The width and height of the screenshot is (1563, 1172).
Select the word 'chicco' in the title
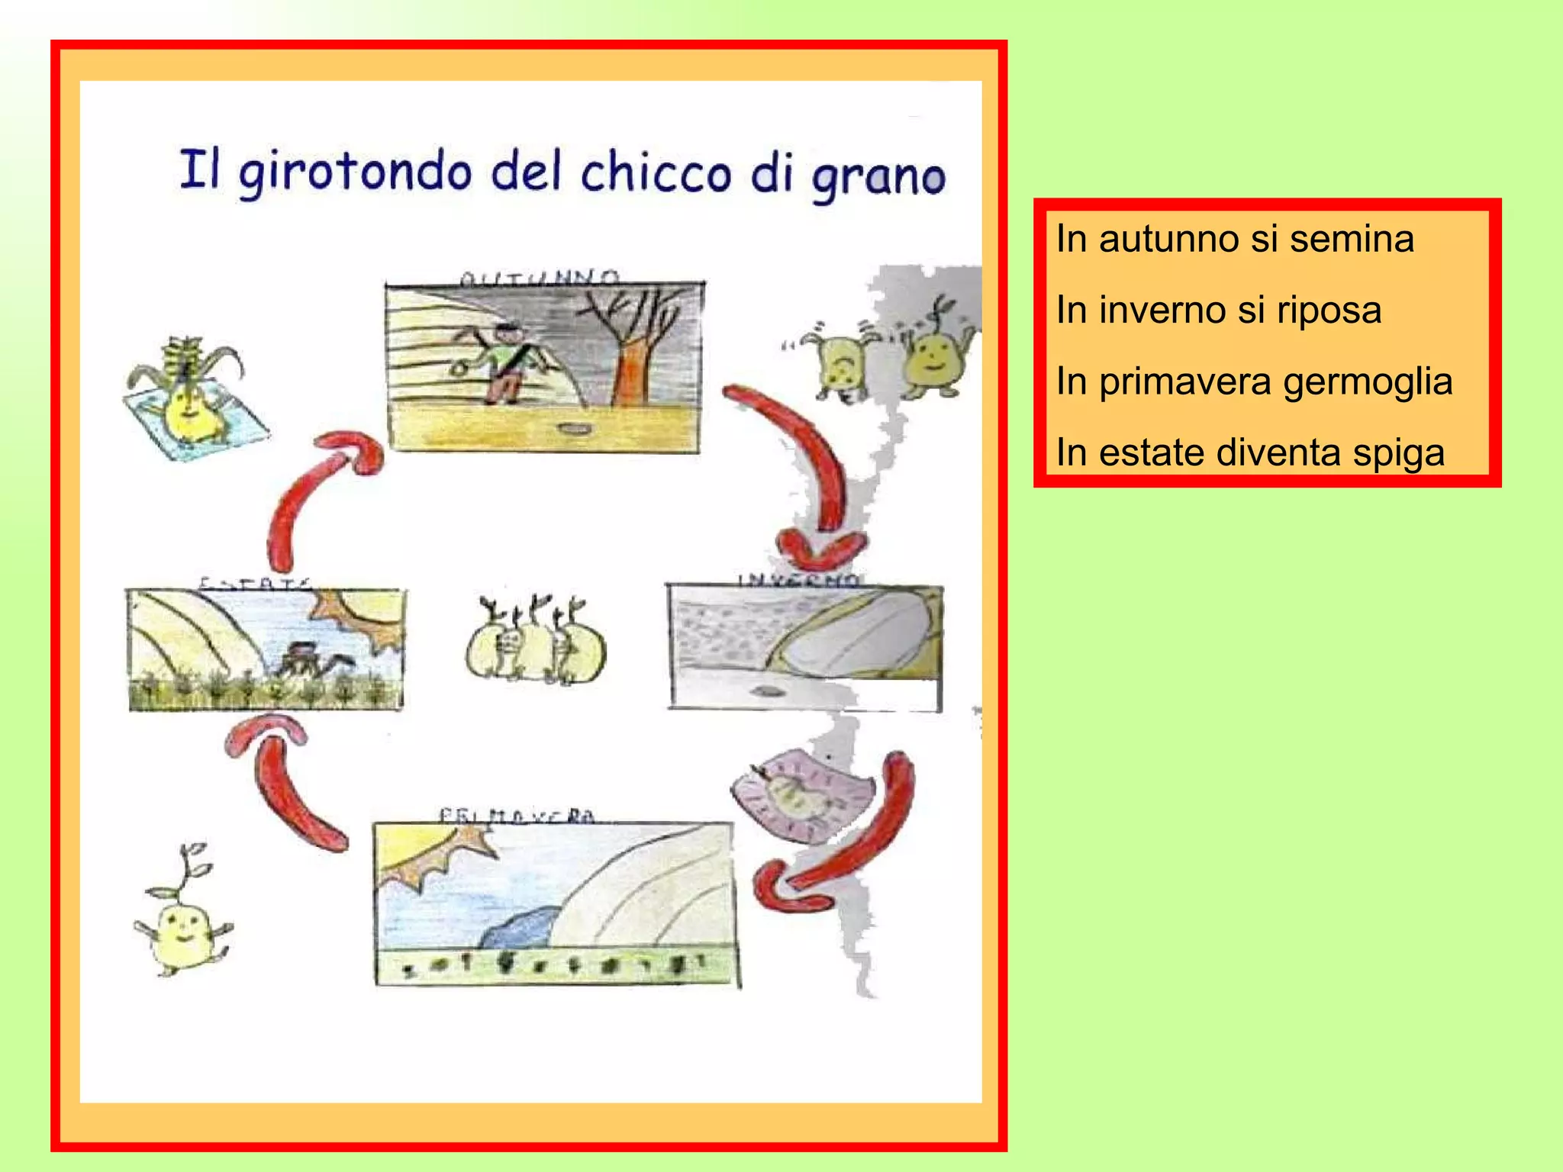(x=656, y=174)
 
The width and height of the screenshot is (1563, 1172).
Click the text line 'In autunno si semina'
(x=1234, y=239)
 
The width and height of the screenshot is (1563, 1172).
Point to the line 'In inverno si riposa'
(x=1218, y=311)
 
